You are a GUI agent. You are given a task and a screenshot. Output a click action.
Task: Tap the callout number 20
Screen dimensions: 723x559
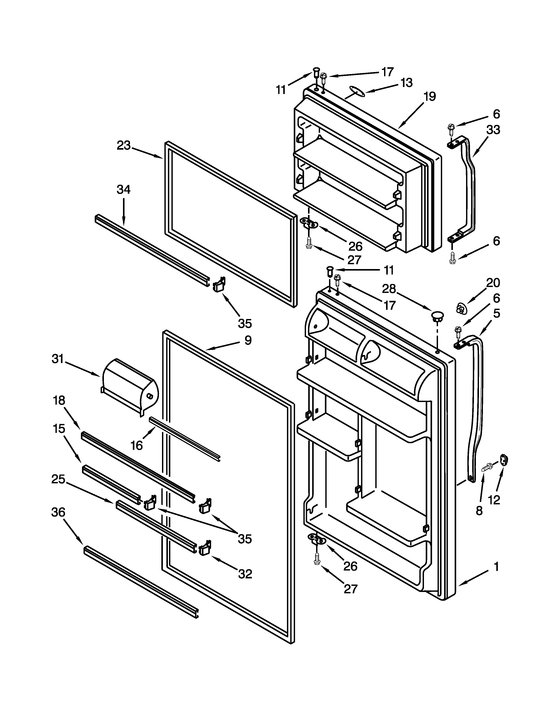pyautogui.click(x=493, y=283)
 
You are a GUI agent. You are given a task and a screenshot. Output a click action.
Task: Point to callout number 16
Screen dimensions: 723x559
pyautogui.click(x=136, y=446)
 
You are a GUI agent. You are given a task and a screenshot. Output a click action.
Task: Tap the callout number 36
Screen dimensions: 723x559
pyautogui.click(x=58, y=512)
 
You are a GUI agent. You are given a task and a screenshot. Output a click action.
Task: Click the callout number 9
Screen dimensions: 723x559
pyautogui.click(x=248, y=340)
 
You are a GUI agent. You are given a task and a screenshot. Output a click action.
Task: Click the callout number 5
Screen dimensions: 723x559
pyautogui.click(x=496, y=313)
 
